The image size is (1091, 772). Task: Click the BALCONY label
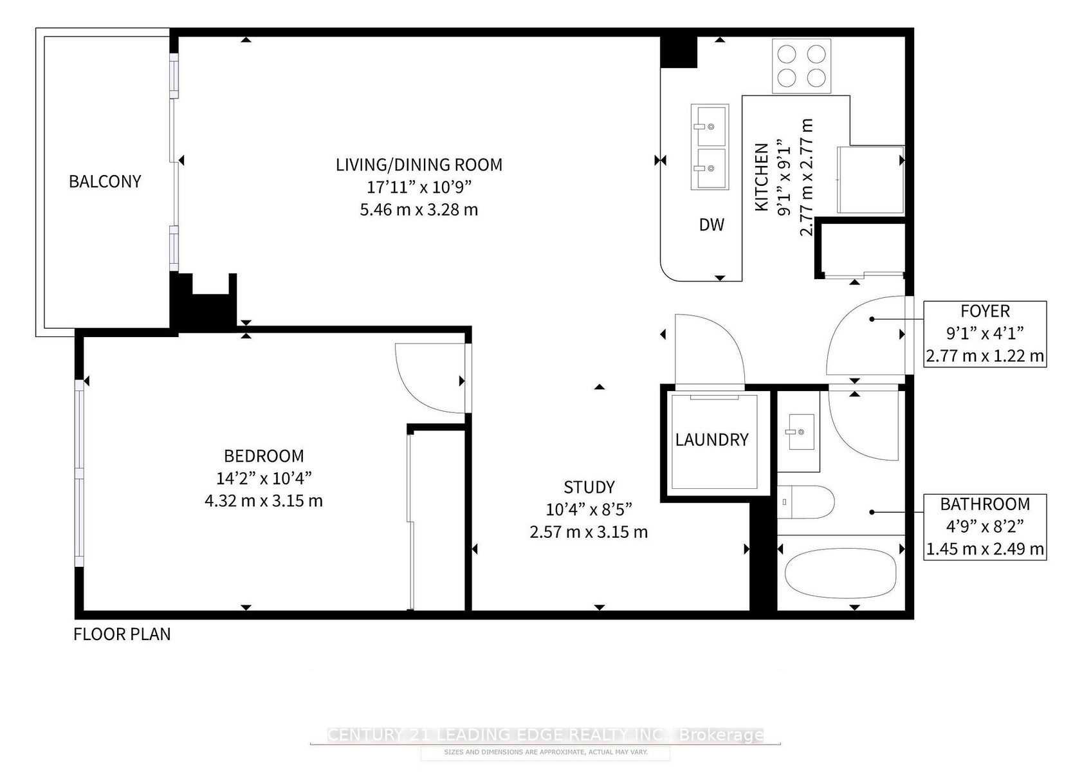[105, 181]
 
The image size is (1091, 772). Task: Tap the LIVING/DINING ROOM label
[419, 165]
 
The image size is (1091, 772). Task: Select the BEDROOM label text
[264, 456]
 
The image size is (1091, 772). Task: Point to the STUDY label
[589, 487]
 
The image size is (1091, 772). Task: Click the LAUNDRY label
[711, 440]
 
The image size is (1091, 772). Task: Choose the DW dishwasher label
[711, 225]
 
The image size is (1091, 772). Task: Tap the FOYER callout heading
[986, 311]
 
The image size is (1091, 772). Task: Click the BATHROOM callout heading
[986, 504]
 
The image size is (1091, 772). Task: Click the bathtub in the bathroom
[841, 573]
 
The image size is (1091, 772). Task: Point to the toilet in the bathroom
[806, 502]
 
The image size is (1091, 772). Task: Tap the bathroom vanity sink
[802, 432]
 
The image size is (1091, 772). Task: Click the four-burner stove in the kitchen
[802, 66]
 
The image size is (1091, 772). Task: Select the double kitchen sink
[710, 147]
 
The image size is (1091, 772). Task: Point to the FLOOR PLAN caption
[122, 634]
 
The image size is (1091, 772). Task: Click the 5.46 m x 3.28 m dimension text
[419, 210]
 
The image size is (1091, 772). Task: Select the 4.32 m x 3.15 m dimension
[264, 501]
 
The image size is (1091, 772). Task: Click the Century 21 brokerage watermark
[545, 735]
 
